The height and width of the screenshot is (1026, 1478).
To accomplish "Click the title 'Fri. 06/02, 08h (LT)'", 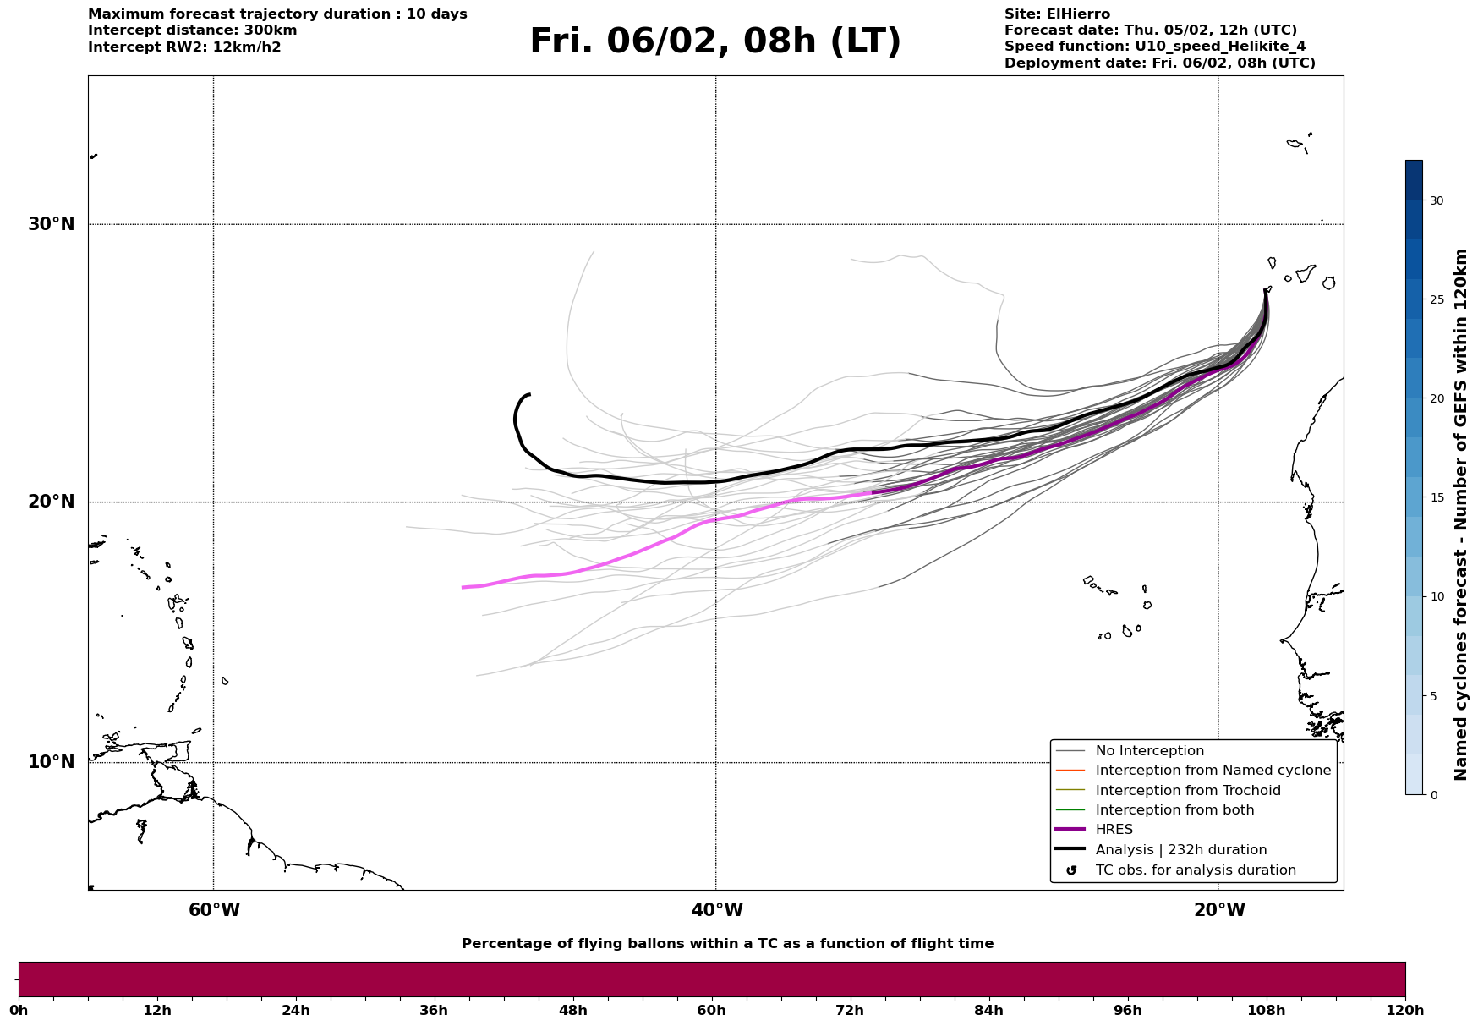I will tap(715, 41).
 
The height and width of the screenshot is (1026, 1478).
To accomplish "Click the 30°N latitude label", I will tap(52, 224).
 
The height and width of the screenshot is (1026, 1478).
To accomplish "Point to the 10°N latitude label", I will tap(52, 762).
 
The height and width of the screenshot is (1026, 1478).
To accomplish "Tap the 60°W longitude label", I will tap(214, 910).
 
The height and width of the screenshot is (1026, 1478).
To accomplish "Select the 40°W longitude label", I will tap(717, 910).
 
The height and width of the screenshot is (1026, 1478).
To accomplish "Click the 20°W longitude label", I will tap(1219, 910).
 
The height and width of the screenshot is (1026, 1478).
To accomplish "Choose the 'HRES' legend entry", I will tap(1114, 830).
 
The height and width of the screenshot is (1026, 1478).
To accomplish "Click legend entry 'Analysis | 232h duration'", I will tap(1180, 850).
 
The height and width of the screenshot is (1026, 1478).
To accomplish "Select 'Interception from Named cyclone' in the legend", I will tap(1213, 771).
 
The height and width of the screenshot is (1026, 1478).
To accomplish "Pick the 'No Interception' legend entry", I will tap(1149, 751).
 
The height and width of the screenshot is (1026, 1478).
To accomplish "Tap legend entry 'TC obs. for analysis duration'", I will tap(1195, 870).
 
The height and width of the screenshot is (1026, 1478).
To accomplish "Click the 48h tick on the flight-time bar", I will tap(572, 1010).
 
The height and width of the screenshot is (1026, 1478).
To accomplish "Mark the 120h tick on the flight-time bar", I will tap(1405, 1010).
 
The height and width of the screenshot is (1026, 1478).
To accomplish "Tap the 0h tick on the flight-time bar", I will tap(19, 1010).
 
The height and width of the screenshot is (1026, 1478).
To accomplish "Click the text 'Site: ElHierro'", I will tap(1057, 14).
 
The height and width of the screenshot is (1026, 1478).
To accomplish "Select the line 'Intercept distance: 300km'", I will tap(192, 30).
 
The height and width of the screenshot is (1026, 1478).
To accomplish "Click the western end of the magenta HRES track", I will tap(463, 587).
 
